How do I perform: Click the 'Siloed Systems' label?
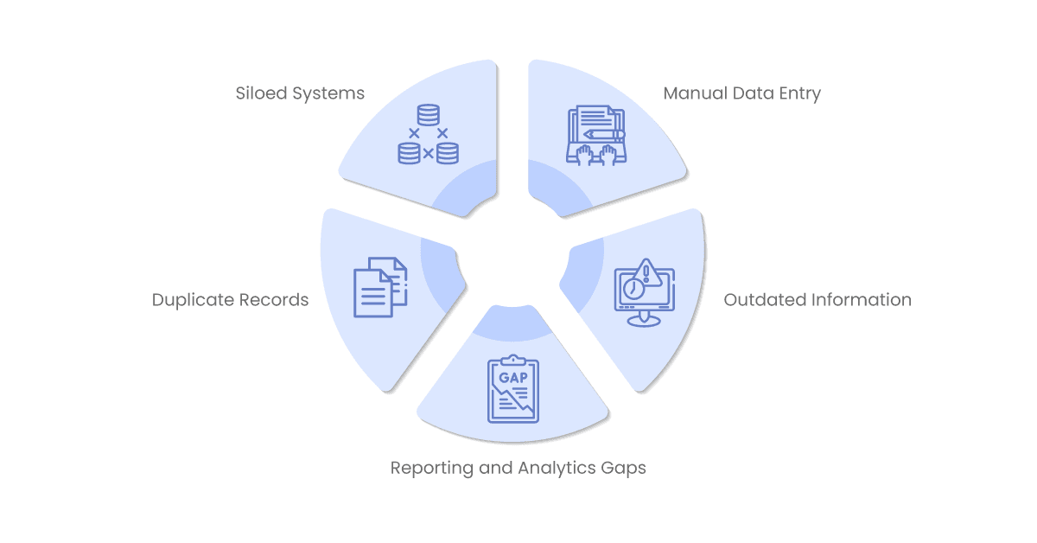tap(300, 93)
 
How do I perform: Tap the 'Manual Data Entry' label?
tap(741, 93)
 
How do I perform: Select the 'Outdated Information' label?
tap(818, 300)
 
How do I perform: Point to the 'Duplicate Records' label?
tap(230, 300)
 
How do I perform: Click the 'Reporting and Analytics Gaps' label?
tap(518, 468)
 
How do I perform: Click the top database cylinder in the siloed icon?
tap(429, 115)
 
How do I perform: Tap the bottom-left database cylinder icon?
tap(410, 153)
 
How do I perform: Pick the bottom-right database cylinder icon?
tap(448, 153)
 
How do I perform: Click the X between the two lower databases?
tap(429, 153)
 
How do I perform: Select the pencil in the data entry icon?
tap(604, 134)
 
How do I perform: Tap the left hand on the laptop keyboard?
tap(585, 155)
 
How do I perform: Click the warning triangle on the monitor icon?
tap(646, 273)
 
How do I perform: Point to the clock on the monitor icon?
tap(633, 288)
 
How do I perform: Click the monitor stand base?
tap(644, 321)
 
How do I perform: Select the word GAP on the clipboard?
tap(513, 378)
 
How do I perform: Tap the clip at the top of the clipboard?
tap(513, 360)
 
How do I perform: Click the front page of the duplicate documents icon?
tap(373, 293)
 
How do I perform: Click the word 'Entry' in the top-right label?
tap(800, 94)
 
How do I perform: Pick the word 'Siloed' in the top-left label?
tap(262, 93)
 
